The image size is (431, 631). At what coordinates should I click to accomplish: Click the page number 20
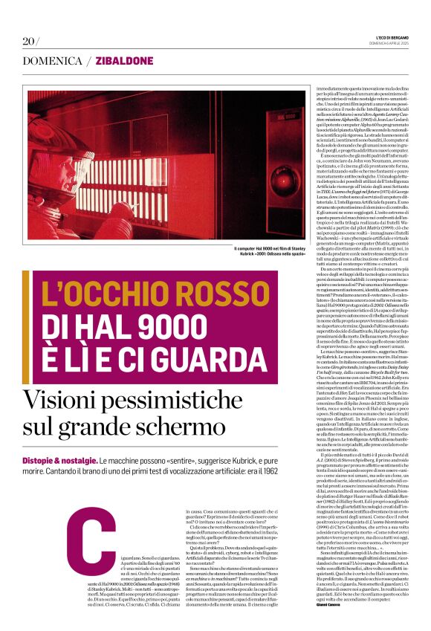coord(28,40)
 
